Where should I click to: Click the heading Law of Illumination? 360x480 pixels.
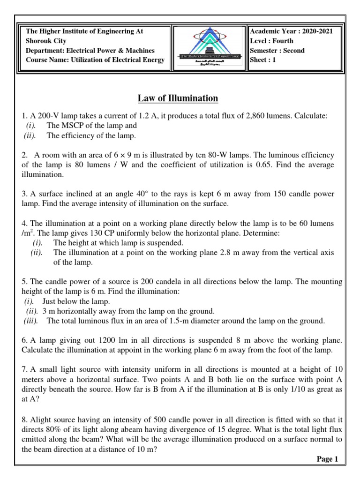(178, 98)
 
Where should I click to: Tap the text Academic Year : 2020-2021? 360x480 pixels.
(292, 31)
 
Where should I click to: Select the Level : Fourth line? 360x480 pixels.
(272, 41)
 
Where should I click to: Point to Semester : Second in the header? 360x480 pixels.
(277, 50)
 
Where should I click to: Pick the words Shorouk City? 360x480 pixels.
(46, 41)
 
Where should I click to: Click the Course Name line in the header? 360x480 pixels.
(95, 60)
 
